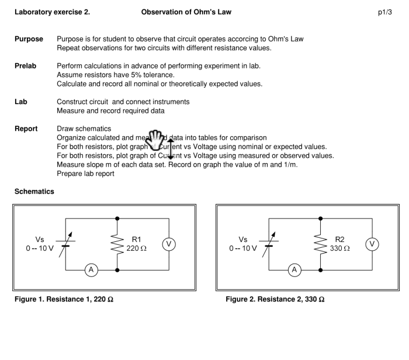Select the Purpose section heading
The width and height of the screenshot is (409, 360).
coord(29,39)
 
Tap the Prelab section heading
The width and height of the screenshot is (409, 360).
coord(25,66)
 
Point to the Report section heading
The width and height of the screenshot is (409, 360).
coord(26,129)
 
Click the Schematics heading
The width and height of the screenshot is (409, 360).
coord(34,192)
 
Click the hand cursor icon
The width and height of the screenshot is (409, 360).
coord(155,140)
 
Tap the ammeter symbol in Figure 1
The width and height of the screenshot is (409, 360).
coord(91,270)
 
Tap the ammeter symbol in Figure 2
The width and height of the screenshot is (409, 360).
coord(295,270)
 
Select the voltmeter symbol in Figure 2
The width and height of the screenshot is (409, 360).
coord(372,244)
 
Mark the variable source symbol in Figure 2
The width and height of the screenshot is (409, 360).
coord(269,243)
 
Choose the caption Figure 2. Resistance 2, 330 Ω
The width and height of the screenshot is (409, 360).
coord(275,300)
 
